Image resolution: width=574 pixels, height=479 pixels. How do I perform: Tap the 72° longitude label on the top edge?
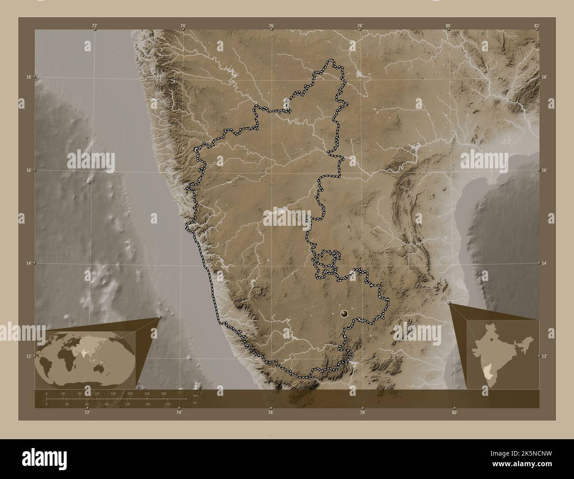94,26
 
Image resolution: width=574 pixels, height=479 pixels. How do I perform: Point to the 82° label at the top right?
536,26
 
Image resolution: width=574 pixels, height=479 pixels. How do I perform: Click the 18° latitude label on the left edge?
28,77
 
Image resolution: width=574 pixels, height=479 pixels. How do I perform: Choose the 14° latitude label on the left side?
28,263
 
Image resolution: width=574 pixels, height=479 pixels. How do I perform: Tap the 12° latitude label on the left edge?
28,356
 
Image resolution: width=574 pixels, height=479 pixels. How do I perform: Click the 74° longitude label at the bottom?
179,413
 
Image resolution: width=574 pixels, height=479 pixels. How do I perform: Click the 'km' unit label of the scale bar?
195,395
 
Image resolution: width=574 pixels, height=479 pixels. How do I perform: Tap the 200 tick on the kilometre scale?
130,393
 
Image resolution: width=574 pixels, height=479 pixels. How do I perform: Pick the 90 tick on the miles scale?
107,404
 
